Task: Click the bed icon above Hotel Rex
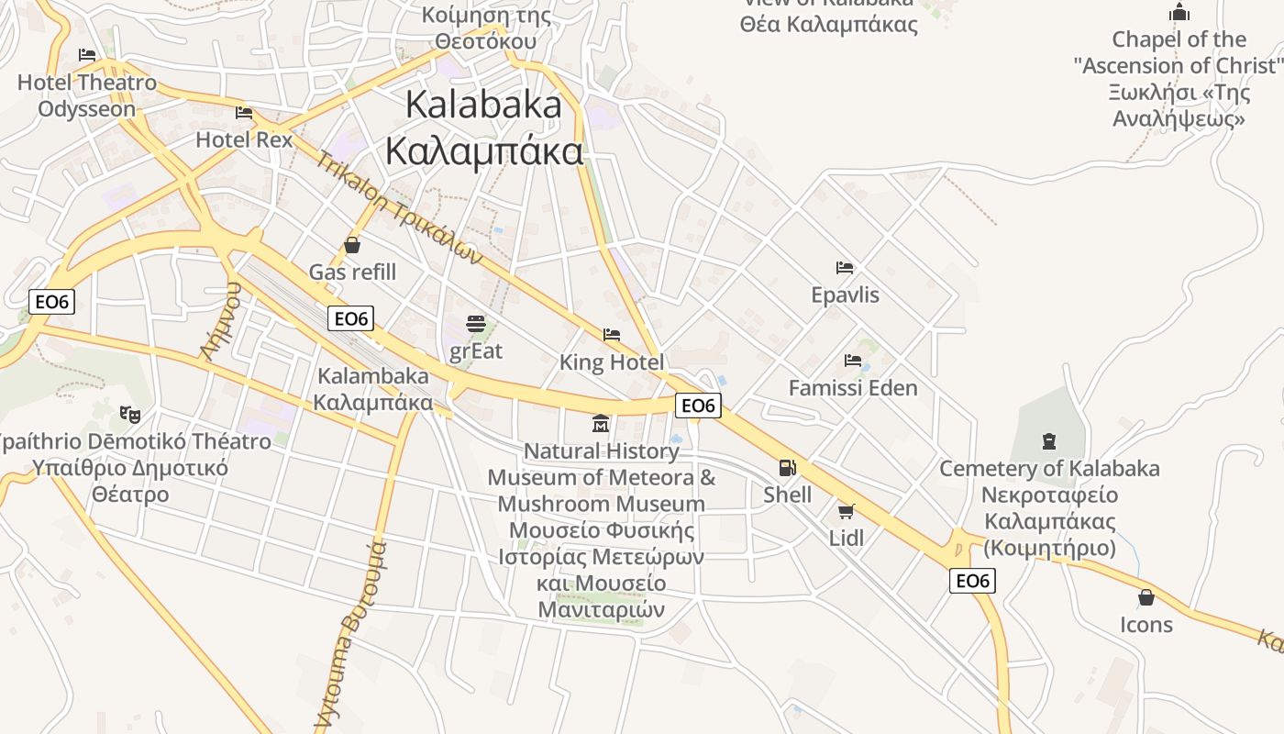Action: (244, 113)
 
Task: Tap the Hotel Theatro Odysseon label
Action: (87, 95)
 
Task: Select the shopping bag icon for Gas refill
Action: (352, 245)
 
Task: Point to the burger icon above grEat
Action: (475, 323)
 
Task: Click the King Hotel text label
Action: (611, 362)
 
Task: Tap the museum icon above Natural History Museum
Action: (601, 423)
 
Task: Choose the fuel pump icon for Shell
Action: (787, 468)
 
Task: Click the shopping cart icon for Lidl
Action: (846, 511)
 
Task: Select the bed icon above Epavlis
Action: (845, 268)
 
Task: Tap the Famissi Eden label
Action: (853, 388)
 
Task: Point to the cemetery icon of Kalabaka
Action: (1048, 441)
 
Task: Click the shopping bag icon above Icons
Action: (1146, 597)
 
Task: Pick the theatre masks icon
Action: (129, 414)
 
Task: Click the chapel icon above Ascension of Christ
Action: (1179, 13)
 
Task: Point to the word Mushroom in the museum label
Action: (556, 504)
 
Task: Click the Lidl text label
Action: (846, 538)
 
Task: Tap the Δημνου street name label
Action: (222, 320)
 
